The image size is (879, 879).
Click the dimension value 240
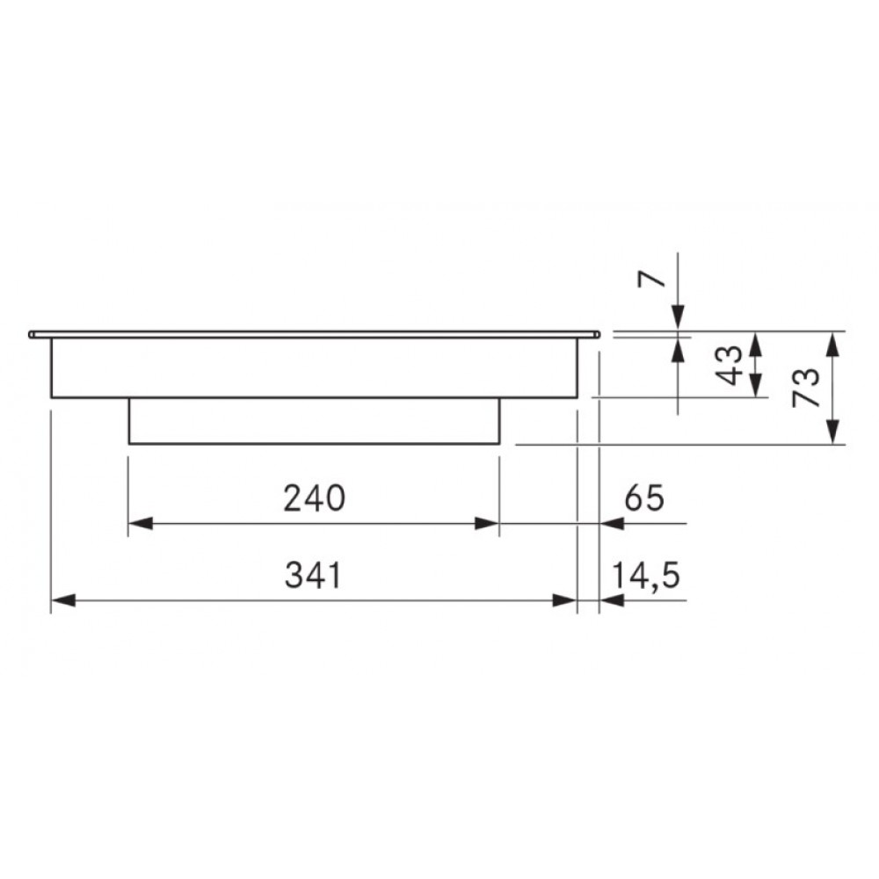coord(314,498)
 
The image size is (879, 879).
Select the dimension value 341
coord(313,575)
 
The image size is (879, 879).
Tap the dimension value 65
coord(644,498)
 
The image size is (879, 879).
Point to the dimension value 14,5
coord(646,577)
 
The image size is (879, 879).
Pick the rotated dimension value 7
coord(652,279)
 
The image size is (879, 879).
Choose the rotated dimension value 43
coord(730,366)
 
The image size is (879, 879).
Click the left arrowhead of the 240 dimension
coord(141,524)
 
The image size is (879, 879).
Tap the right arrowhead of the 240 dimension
coord(487,524)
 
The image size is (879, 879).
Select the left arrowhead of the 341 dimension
coord(63,600)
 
